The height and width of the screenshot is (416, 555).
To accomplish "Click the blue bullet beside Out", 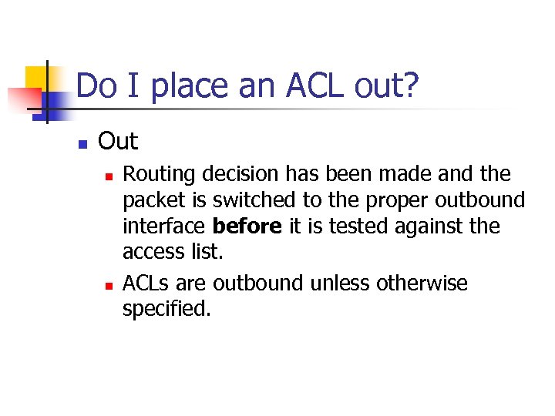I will click(82, 143).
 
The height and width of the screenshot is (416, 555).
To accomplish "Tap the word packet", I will click(148, 201).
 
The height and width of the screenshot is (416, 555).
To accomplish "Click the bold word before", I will click(247, 227).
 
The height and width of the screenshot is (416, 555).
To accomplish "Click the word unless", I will click(339, 283).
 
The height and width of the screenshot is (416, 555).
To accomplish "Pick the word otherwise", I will click(422, 283).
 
